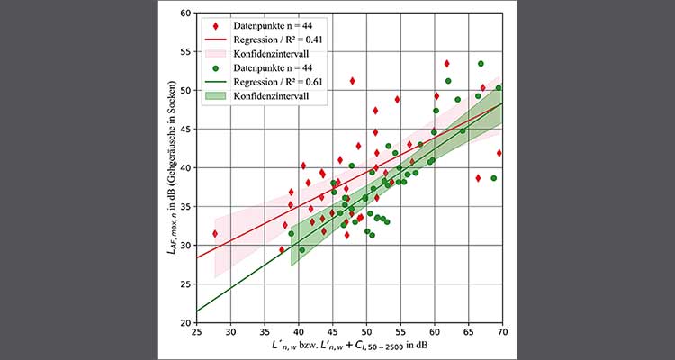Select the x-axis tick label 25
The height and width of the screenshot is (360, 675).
[196, 331]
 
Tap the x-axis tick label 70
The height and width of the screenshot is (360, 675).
[501, 331]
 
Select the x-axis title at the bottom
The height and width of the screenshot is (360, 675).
[348, 346]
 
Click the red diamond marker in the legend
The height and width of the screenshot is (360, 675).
[215, 27]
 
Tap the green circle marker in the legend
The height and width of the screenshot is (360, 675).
[215, 68]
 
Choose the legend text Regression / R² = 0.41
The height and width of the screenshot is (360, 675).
[276, 40]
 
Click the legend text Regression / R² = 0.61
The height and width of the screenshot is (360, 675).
[276, 82]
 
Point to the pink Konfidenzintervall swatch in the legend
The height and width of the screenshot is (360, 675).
[215, 54]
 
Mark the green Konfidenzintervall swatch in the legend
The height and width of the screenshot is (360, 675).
[215, 95]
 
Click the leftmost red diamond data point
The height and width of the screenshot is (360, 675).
[214, 234]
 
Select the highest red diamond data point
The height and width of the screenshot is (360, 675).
[446, 64]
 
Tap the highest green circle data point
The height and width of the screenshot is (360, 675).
[481, 64]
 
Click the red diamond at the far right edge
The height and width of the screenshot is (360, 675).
[499, 153]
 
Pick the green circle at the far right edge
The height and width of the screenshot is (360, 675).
[499, 88]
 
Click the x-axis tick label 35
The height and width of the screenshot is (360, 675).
[264, 331]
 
